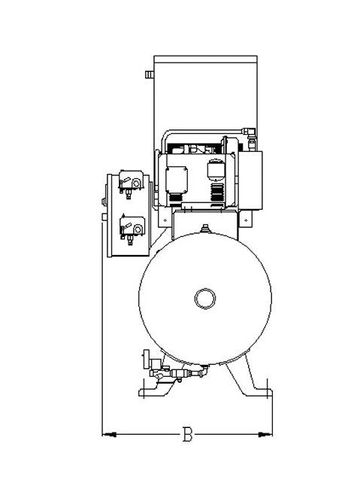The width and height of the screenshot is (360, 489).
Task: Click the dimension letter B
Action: tap(187, 433)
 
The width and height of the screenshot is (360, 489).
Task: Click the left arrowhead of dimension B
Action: tap(109, 434)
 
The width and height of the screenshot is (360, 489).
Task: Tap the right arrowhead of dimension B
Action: tap(265, 434)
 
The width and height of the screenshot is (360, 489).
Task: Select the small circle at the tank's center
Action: tap(205, 298)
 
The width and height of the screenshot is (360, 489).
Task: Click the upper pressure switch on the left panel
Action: tap(132, 184)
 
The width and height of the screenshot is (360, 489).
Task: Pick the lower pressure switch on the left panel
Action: tap(132, 229)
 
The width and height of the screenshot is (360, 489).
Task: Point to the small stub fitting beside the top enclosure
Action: tap(150, 74)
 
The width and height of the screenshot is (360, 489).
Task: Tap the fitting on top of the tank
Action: tap(204, 229)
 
